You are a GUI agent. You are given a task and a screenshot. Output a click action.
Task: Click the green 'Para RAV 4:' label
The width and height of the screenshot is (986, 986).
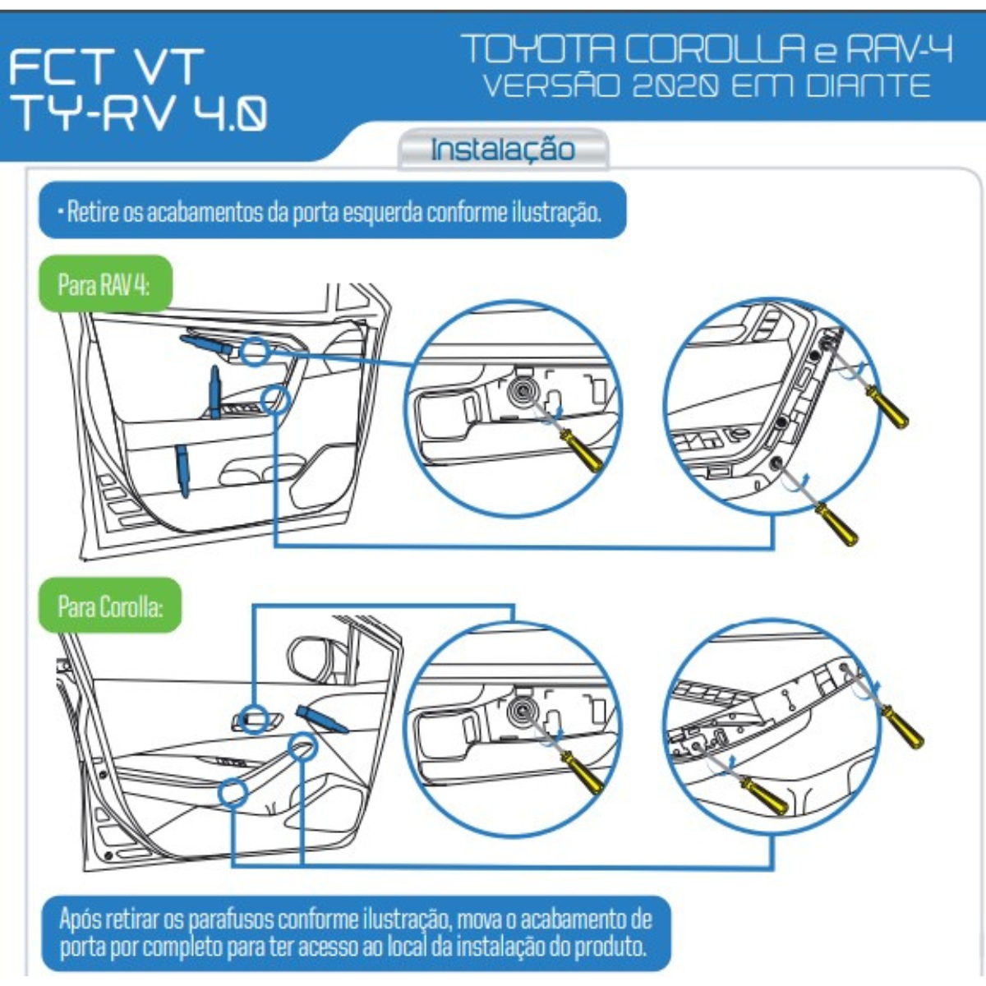[x=104, y=285]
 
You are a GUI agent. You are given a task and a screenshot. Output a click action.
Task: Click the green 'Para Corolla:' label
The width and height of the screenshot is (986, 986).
[x=110, y=607]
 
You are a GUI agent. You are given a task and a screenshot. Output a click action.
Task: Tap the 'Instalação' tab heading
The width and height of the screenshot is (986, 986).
[x=503, y=150]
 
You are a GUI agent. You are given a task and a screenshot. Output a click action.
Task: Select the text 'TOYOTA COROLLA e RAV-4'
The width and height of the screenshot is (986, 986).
[x=707, y=49]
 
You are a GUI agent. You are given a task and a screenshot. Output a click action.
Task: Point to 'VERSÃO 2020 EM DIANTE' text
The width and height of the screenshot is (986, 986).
[x=707, y=85]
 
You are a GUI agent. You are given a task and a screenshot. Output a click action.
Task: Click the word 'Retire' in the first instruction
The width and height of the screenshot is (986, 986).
[x=93, y=212]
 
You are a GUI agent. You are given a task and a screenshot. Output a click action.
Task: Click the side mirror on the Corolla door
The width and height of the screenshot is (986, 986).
[x=309, y=658]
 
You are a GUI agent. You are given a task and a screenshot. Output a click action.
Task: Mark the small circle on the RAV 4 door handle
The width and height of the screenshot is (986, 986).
[x=256, y=352]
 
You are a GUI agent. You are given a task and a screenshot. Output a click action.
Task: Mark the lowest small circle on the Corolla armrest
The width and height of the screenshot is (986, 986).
[x=233, y=792]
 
